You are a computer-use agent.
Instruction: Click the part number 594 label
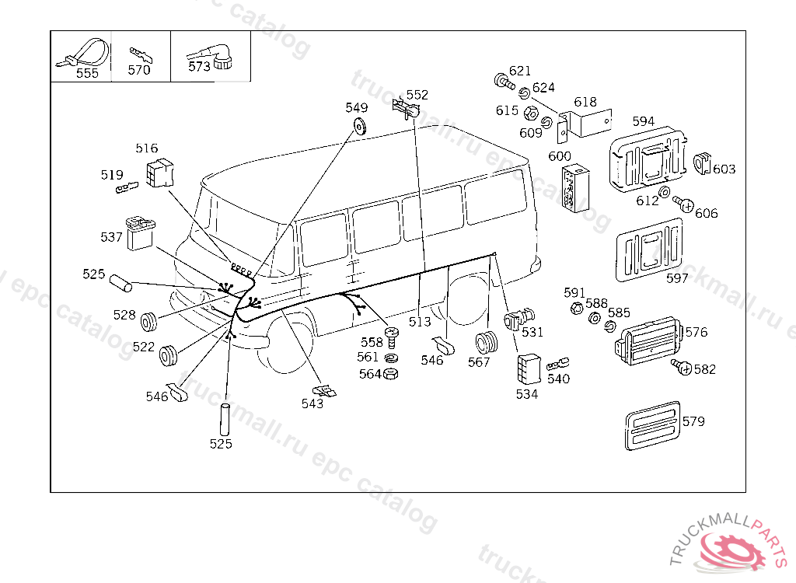(x=643, y=121)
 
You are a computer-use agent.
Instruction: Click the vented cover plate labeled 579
(x=651, y=425)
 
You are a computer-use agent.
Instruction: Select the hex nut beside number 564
(x=392, y=374)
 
